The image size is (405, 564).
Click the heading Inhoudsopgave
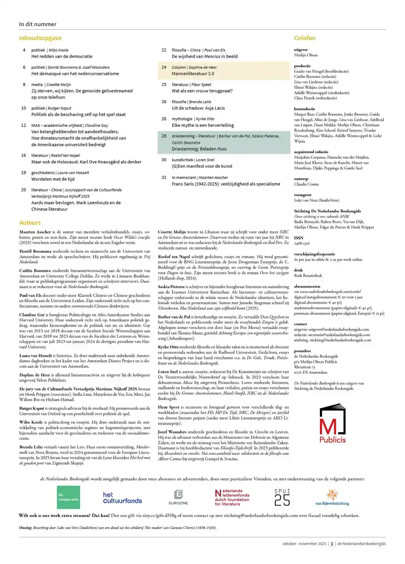[x=40, y=38]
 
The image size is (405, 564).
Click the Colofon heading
[x=305, y=38]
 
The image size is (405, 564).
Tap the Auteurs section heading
[x=30, y=222]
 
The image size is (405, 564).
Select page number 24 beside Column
[x=164, y=67]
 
